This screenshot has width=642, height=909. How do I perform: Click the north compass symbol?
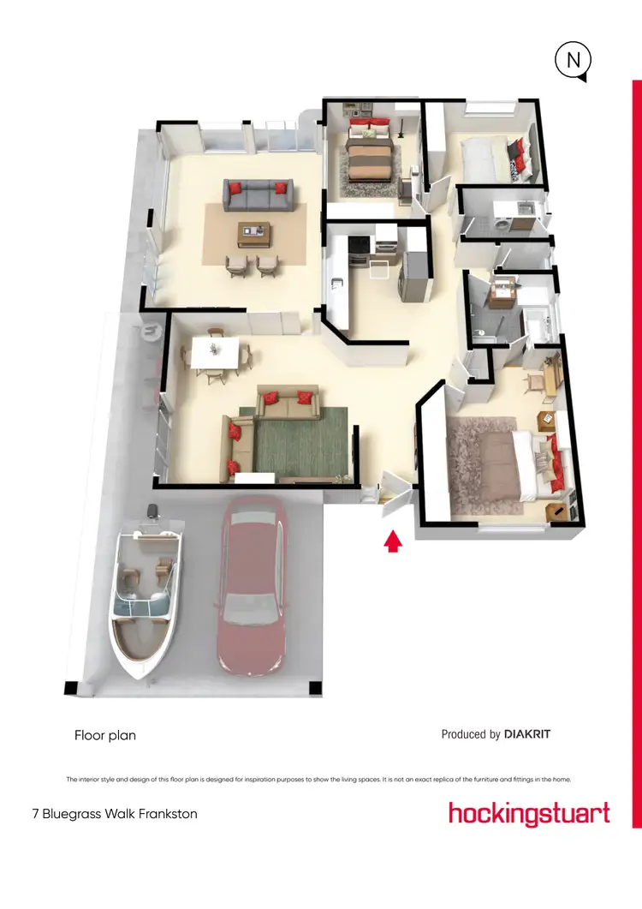point(572,62)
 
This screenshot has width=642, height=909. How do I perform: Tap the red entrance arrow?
point(393,541)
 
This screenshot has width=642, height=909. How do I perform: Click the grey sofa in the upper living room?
point(258,195)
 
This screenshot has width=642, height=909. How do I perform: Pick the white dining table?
point(215,352)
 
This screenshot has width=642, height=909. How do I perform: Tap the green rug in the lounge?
point(300,446)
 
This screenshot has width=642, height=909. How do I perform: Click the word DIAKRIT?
point(533,734)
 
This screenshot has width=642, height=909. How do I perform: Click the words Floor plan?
point(105,735)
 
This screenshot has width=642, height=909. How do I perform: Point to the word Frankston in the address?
point(165,814)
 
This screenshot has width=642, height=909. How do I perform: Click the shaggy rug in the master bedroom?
point(479,463)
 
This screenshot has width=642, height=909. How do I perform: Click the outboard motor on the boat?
point(154,513)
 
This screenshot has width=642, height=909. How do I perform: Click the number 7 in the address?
point(35,814)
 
